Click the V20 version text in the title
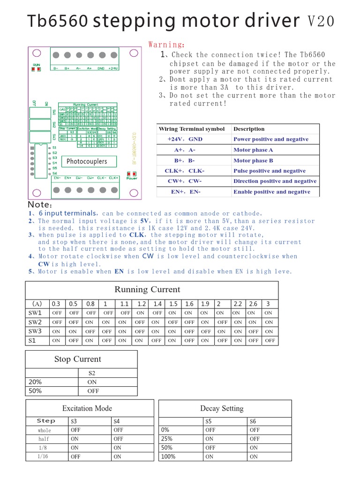(321, 21)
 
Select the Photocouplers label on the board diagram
(87, 162)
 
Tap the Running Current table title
(147, 290)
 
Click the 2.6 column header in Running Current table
(253, 304)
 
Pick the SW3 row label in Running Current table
(35, 331)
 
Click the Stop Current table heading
(77, 360)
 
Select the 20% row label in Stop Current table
(35, 382)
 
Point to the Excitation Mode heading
(87, 408)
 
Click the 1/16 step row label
(43, 456)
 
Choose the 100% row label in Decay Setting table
(168, 456)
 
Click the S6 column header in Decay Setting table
(253, 421)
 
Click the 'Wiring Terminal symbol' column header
(191, 129)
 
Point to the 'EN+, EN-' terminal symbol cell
(186, 192)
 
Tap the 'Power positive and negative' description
(271, 139)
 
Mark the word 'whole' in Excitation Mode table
(45, 430)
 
